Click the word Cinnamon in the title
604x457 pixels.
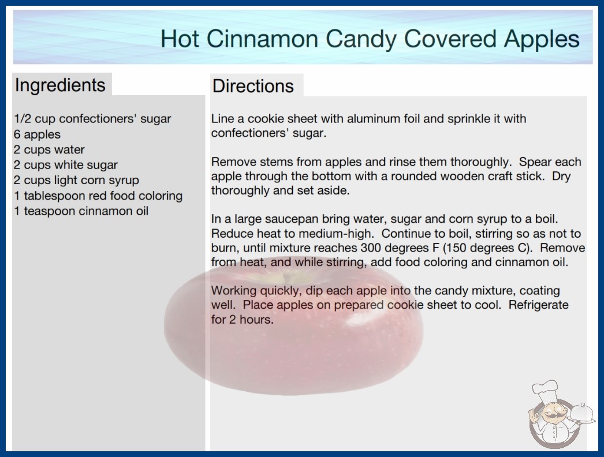(262, 39)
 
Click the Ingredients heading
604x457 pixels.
(60, 85)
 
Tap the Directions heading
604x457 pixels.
(253, 86)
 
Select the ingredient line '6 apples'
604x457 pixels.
(37, 134)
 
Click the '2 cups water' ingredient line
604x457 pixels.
(49, 149)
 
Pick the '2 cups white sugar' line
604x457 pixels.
(65, 165)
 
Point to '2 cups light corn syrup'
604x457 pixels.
(76, 180)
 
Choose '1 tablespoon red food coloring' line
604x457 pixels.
(98, 196)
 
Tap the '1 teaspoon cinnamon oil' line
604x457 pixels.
(81, 211)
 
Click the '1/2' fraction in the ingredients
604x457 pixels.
(23, 119)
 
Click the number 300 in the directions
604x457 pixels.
(371, 248)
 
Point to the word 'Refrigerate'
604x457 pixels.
(539, 305)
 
